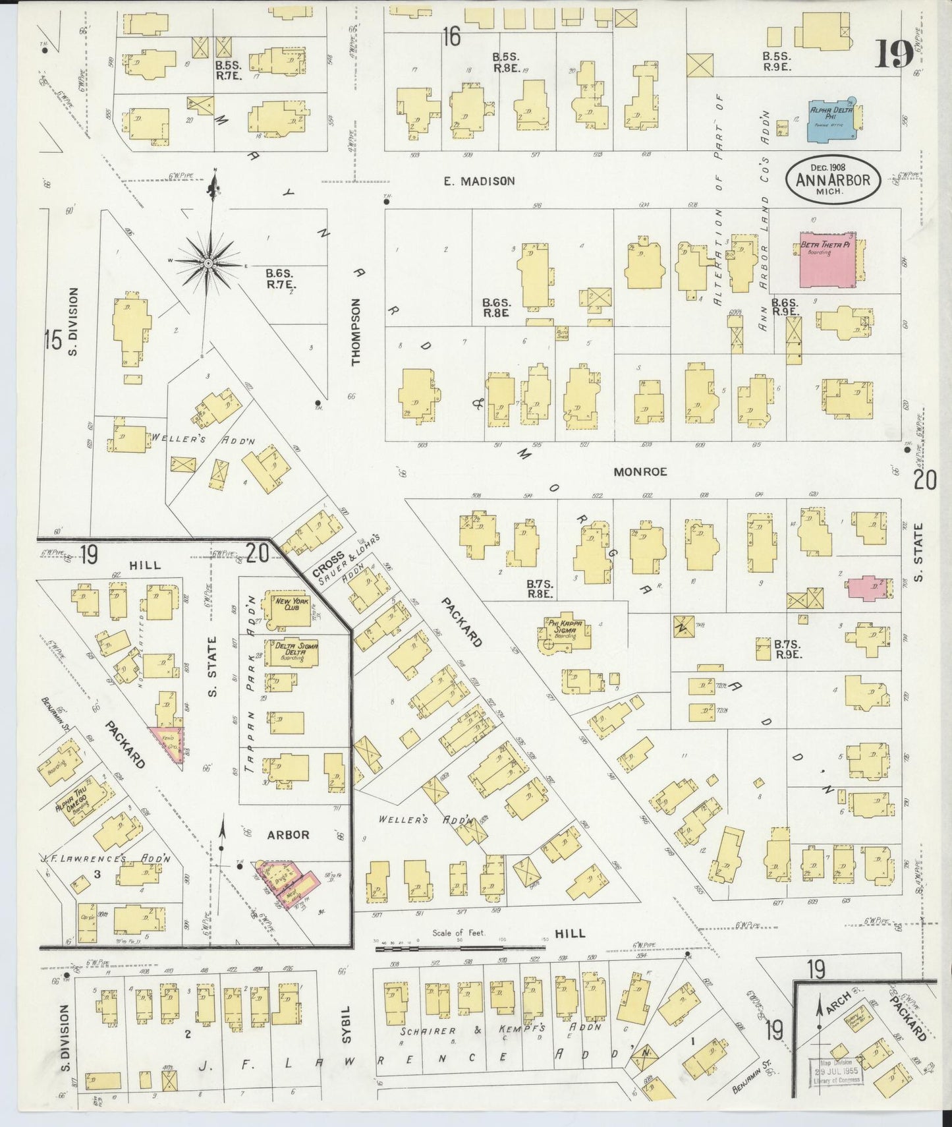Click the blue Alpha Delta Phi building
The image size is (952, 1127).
[832, 119]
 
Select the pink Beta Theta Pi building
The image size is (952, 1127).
[827, 259]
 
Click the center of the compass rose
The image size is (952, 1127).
[208, 263]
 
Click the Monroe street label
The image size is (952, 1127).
[640, 472]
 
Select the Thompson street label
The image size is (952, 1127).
[356, 332]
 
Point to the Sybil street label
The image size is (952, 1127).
[347, 1024]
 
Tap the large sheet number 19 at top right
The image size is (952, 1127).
[893, 53]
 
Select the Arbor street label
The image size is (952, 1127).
[287, 834]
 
